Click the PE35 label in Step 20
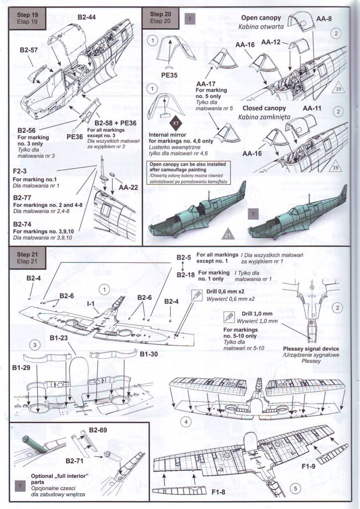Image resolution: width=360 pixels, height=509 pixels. pos(170,77)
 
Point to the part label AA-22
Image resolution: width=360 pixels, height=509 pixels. pos(128,187)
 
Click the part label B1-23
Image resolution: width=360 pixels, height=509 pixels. pos(61,338)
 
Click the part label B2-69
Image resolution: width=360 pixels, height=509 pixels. pos(99,429)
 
